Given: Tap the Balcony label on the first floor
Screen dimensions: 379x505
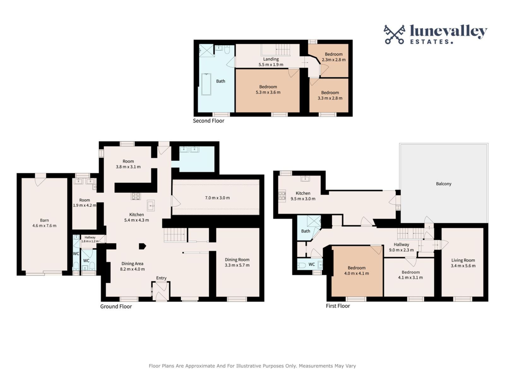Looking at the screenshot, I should [x=443, y=183].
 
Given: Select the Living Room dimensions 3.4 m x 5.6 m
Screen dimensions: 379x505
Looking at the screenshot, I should [x=463, y=266].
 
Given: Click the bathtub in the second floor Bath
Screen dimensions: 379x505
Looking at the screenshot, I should [x=206, y=84].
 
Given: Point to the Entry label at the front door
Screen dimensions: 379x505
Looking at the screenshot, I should [x=161, y=278].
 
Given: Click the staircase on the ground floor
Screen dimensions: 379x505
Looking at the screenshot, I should [x=175, y=235].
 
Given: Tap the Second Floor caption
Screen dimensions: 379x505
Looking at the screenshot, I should [x=209, y=121].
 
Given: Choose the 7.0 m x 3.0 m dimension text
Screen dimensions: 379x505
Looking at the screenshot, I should [x=217, y=198].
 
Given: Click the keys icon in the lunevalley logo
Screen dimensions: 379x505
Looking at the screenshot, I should [x=394, y=34].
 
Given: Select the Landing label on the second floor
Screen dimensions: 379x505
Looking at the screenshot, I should [x=271, y=59].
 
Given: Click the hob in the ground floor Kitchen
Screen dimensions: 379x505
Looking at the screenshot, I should [x=136, y=196].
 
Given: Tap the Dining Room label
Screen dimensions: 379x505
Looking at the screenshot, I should [x=237, y=260].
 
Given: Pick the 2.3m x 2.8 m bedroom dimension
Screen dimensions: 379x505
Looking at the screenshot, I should [x=334, y=59].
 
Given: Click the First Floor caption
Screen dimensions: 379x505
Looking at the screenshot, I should [x=338, y=306].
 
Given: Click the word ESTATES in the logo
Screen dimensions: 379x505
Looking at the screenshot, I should [x=431, y=41].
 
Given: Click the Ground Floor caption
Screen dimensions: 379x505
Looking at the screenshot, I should [x=116, y=306].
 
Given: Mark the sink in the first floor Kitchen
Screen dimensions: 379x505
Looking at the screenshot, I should [x=305, y=179].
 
